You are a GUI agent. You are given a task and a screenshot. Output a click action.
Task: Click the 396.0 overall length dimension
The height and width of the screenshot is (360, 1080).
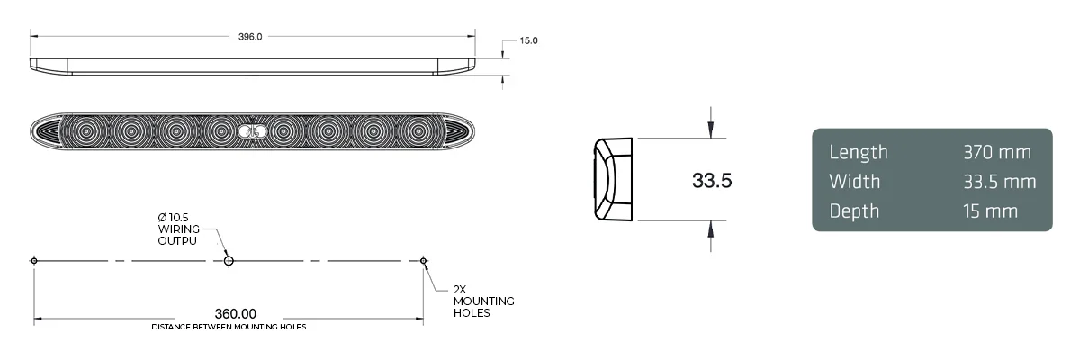pyautogui.click(x=250, y=37)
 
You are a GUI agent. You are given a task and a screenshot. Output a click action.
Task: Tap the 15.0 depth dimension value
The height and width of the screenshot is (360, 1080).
pyautogui.click(x=528, y=41)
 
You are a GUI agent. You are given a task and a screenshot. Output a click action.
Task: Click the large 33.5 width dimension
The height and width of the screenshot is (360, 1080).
pyautogui.click(x=712, y=180)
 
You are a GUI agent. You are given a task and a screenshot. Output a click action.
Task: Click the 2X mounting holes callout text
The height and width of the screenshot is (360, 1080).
pyautogui.click(x=483, y=301)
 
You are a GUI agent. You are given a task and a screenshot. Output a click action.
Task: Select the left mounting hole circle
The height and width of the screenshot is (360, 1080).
pyautogui.click(x=34, y=261)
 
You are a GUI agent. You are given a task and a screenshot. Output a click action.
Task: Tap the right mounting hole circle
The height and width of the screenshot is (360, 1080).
pyautogui.click(x=424, y=261)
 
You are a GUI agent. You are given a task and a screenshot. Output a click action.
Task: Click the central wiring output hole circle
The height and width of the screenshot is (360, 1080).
pyautogui.click(x=229, y=261)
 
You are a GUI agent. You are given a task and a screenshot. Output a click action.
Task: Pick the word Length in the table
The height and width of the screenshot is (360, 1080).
pyautogui.click(x=858, y=152)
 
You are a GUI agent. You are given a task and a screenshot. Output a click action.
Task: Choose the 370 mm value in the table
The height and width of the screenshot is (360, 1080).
pyautogui.click(x=996, y=152)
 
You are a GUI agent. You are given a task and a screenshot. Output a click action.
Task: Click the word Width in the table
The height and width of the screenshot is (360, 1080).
pyautogui.click(x=854, y=182)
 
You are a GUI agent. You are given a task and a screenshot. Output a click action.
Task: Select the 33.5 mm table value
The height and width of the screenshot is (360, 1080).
pyautogui.click(x=1000, y=182)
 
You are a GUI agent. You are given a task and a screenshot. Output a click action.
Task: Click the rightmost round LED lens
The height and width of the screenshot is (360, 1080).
pyautogui.click(x=416, y=131)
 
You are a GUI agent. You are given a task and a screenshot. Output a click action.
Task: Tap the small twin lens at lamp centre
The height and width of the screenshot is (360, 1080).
pyautogui.click(x=249, y=132)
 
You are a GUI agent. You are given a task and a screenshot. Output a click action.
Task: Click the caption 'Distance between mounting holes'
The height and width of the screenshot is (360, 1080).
pyautogui.click(x=229, y=327)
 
